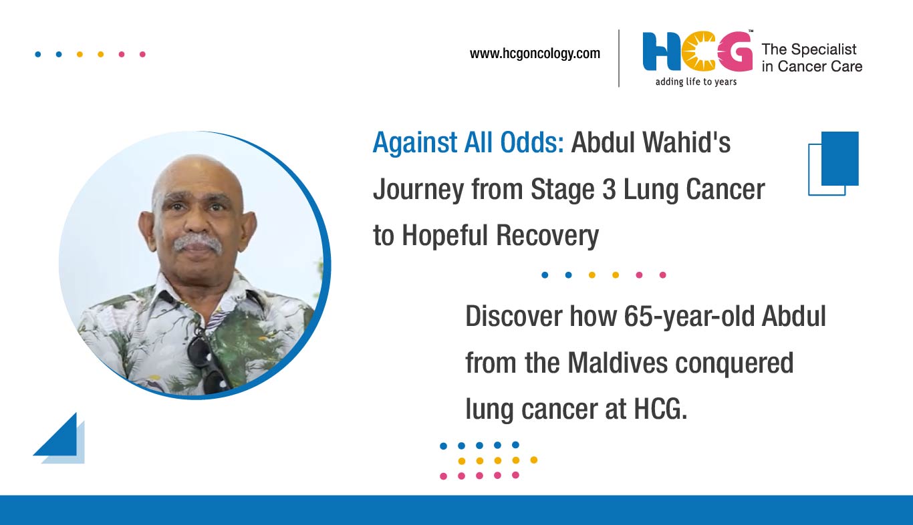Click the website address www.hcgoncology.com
tap(535, 53)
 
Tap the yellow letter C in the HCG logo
tap(698, 51)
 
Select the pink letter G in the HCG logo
tap(735, 51)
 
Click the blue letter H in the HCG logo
tap(662, 51)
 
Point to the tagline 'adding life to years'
tap(696, 82)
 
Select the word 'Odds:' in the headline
tap(532, 142)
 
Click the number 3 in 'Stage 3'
tap(609, 190)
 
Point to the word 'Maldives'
tap(618, 363)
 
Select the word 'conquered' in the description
tap(734, 363)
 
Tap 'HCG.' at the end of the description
tap(660, 409)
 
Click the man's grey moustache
tap(198, 243)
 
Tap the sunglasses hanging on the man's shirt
tap(208, 361)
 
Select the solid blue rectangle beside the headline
tap(840, 158)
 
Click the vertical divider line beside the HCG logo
tap(619, 58)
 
